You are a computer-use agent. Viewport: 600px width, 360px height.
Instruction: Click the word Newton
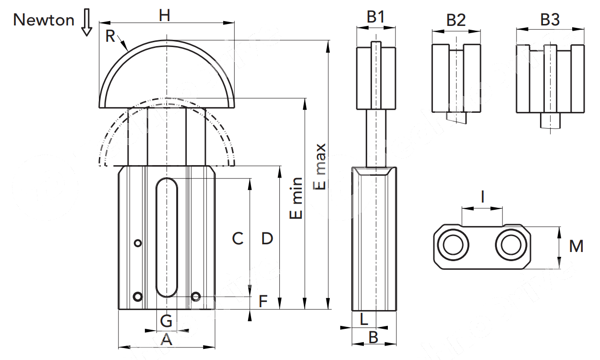pos(44,20)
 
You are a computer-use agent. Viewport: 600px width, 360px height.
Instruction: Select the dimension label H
pos(165,15)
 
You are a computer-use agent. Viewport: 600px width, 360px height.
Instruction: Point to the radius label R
pos(110,36)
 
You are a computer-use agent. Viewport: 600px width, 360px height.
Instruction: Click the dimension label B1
pos(376,17)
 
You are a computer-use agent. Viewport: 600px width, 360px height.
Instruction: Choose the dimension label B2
pos(456,20)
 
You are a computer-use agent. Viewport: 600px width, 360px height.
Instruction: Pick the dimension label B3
pos(550,20)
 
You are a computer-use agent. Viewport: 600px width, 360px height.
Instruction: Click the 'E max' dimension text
pos(320,166)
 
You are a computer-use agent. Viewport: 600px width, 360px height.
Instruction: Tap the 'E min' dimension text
pos(297,198)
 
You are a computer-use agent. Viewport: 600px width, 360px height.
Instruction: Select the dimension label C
pos(238,238)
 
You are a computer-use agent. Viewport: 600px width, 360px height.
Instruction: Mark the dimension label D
pos(267,238)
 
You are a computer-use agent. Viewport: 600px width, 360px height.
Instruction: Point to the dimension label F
pos(263,301)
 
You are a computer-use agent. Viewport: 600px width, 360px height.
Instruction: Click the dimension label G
pos(166,320)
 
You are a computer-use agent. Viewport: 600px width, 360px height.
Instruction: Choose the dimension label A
pos(166,340)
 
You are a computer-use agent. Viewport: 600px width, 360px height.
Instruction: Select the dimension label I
pos(482,197)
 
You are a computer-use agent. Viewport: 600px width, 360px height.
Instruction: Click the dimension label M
pos(576,247)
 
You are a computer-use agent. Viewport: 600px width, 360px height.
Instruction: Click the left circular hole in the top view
pos(453,246)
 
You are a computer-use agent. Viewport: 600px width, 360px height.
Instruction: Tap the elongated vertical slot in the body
pos(167,237)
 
